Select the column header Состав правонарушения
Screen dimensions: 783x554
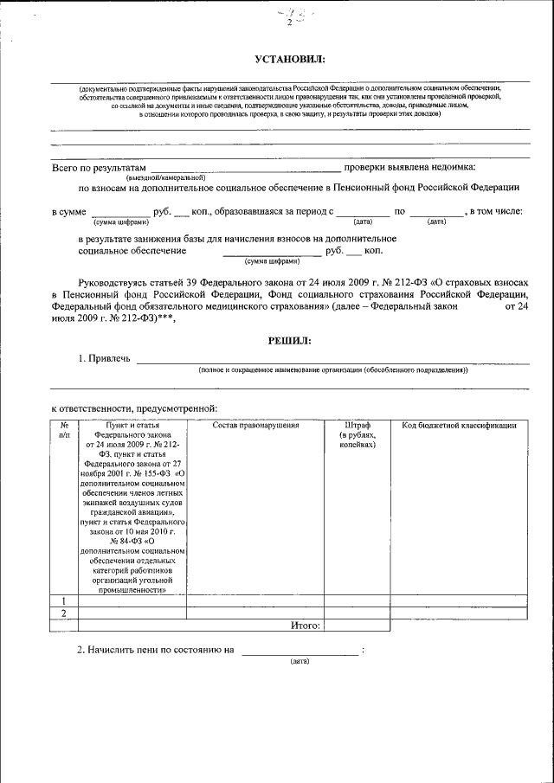click(255, 425)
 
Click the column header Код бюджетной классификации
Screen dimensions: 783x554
click(460, 425)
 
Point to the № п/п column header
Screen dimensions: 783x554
click(64, 430)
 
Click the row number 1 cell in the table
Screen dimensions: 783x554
click(64, 601)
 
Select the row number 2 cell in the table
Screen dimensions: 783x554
click(64, 613)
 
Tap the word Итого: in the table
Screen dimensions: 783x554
click(306, 625)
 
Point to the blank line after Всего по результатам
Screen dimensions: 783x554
click(245, 167)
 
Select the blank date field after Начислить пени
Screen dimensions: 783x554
click(300, 650)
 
